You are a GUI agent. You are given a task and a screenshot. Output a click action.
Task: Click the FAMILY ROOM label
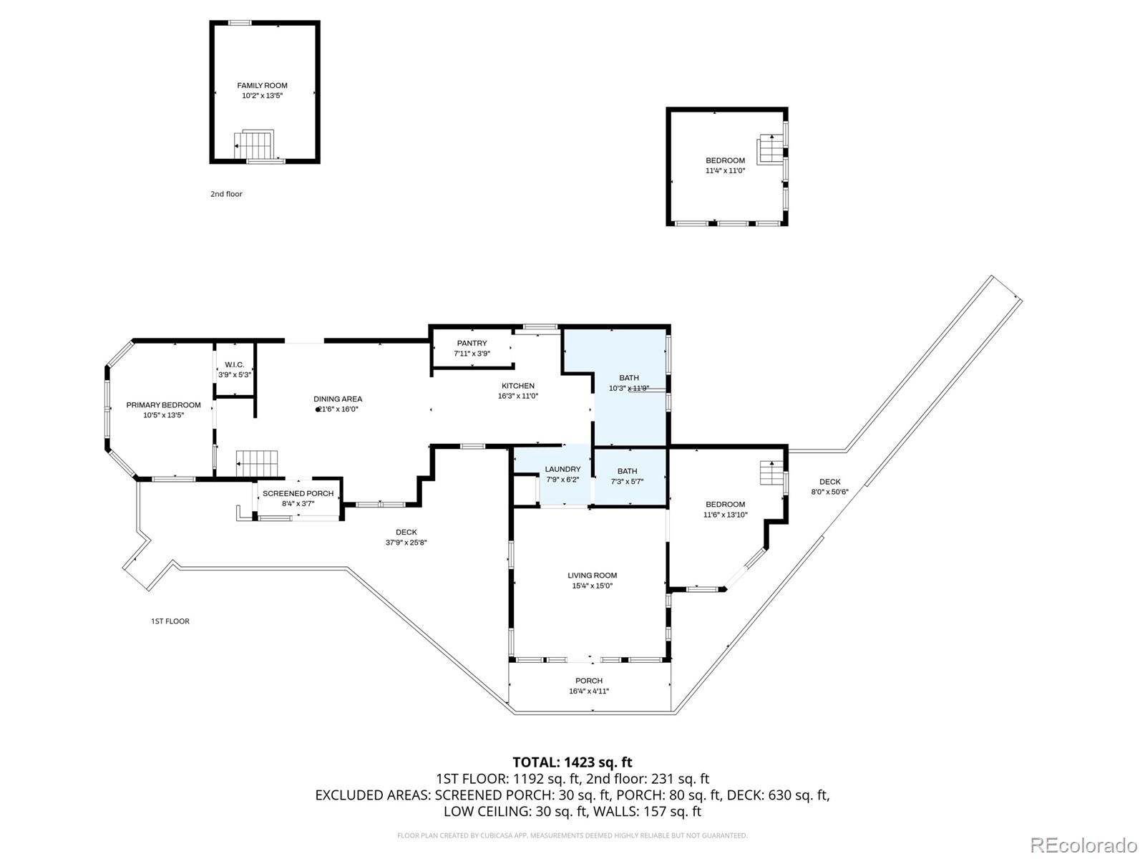[262, 85]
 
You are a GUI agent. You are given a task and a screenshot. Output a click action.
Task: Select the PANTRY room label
[472, 344]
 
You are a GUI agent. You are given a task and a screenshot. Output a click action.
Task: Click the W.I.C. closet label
[234, 365]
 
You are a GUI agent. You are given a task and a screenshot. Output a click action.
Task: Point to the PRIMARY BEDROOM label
[163, 405]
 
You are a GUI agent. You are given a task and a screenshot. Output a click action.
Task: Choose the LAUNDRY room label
[562, 470]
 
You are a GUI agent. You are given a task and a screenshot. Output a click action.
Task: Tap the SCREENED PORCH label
[298, 494]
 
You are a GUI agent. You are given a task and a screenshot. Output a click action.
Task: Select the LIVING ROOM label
[592, 576]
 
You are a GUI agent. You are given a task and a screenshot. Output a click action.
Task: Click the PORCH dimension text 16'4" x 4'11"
[589, 691]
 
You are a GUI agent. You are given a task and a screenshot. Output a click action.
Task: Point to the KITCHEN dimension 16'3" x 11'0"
[518, 396]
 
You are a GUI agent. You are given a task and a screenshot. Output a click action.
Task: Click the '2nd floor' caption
[226, 194]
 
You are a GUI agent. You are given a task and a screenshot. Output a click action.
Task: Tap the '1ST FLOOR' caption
[170, 621]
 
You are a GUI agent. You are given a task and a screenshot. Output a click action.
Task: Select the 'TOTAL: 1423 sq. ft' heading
[572, 762]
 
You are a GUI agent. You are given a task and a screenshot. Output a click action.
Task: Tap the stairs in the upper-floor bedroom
[771, 149]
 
